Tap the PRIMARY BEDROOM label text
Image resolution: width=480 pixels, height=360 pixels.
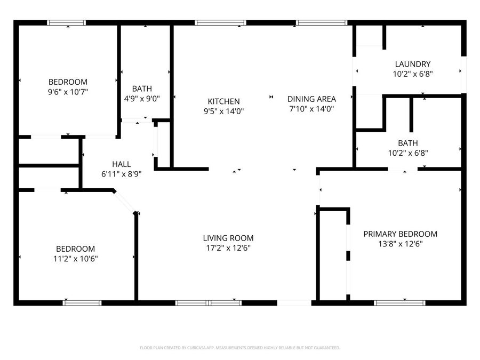tap(400, 234)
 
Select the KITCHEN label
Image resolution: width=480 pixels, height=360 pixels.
tap(223, 101)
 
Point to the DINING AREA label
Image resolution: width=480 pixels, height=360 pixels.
tap(311, 99)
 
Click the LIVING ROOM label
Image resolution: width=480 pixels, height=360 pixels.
tap(228, 238)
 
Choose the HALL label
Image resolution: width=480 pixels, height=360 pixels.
tap(121, 164)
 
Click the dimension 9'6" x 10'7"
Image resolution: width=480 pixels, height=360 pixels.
tap(68, 92)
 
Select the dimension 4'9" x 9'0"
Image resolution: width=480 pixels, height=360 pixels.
tap(142, 98)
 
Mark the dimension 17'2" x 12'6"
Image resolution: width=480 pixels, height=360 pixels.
tap(228, 248)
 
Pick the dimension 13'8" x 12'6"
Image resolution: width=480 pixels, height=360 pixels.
tap(400, 244)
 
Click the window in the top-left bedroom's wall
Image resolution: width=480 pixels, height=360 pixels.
tap(66, 23)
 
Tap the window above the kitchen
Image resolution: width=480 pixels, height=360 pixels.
tap(220, 23)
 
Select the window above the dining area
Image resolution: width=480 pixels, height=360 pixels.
tap(322, 23)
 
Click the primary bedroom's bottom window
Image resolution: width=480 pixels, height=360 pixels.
tap(399, 303)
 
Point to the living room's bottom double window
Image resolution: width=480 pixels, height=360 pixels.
tap(209, 303)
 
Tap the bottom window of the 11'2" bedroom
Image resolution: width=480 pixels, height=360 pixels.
tap(82, 303)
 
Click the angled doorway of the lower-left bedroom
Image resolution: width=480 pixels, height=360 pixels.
tap(124, 202)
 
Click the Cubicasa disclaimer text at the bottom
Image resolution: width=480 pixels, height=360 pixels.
tap(239, 348)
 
